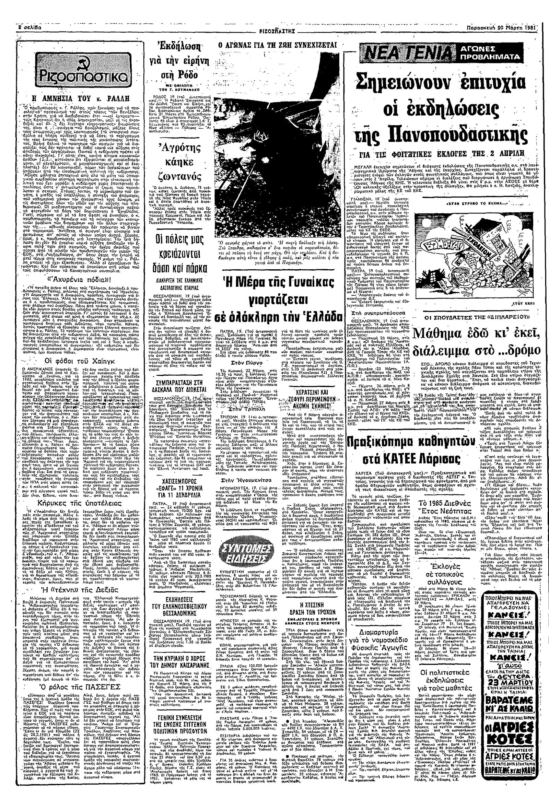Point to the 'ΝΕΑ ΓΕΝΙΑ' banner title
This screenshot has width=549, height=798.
click(x=408, y=53)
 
